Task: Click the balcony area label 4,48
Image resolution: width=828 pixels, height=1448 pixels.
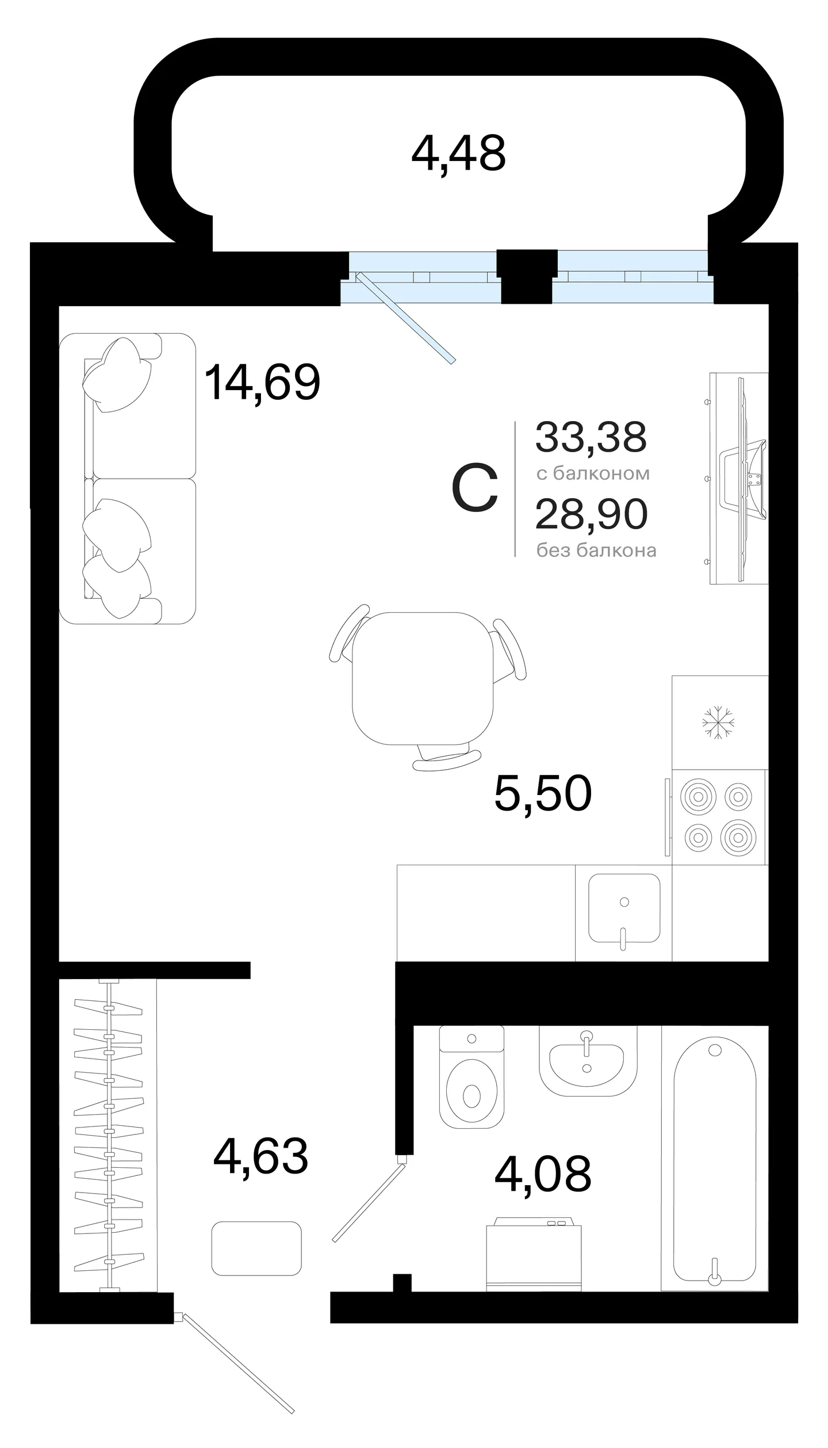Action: [458, 154]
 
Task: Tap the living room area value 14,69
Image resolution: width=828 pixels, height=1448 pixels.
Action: [262, 382]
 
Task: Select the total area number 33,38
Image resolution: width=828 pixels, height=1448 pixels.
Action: [591, 437]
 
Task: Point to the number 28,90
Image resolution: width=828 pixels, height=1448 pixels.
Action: [592, 514]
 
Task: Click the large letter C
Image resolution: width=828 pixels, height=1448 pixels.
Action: [475, 488]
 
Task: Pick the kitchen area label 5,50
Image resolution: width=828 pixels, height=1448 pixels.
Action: [543, 794]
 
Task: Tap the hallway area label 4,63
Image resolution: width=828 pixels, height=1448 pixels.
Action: [260, 1156]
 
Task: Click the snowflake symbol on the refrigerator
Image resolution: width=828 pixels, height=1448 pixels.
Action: [718, 723]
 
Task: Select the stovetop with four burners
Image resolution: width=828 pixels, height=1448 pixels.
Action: [718, 817]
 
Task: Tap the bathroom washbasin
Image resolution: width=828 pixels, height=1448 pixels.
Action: [588, 1060]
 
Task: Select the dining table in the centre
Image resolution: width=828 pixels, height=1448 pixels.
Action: [423, 679]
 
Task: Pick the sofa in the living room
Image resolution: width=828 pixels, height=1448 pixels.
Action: [128, 479]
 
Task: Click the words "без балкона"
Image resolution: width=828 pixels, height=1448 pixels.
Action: [596, 551]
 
